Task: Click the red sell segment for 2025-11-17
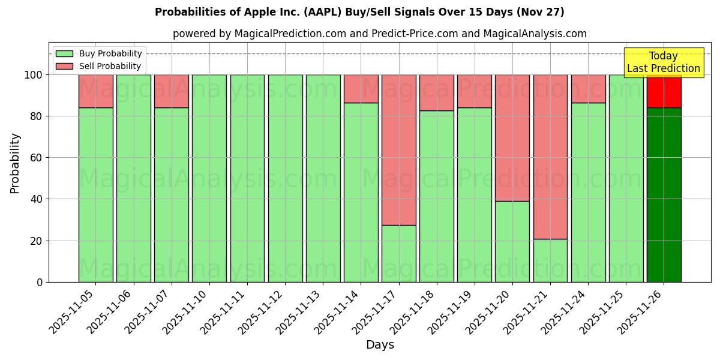tap(398, 150)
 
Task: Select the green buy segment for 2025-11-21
tap(550, 260)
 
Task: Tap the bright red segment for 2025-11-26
tap(664, 91)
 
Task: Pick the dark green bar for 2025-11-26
tap(664, 195)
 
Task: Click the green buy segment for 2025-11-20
tap(512, 241)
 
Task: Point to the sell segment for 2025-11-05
tap(95, 91)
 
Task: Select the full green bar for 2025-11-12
tap(285, 178)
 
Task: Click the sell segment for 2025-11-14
tap(361, 89)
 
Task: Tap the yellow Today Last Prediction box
tap(663, 62)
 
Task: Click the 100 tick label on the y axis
tap(32, 75)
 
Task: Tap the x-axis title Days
tap(380, 345)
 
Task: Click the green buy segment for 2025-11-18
tap(436, 196)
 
